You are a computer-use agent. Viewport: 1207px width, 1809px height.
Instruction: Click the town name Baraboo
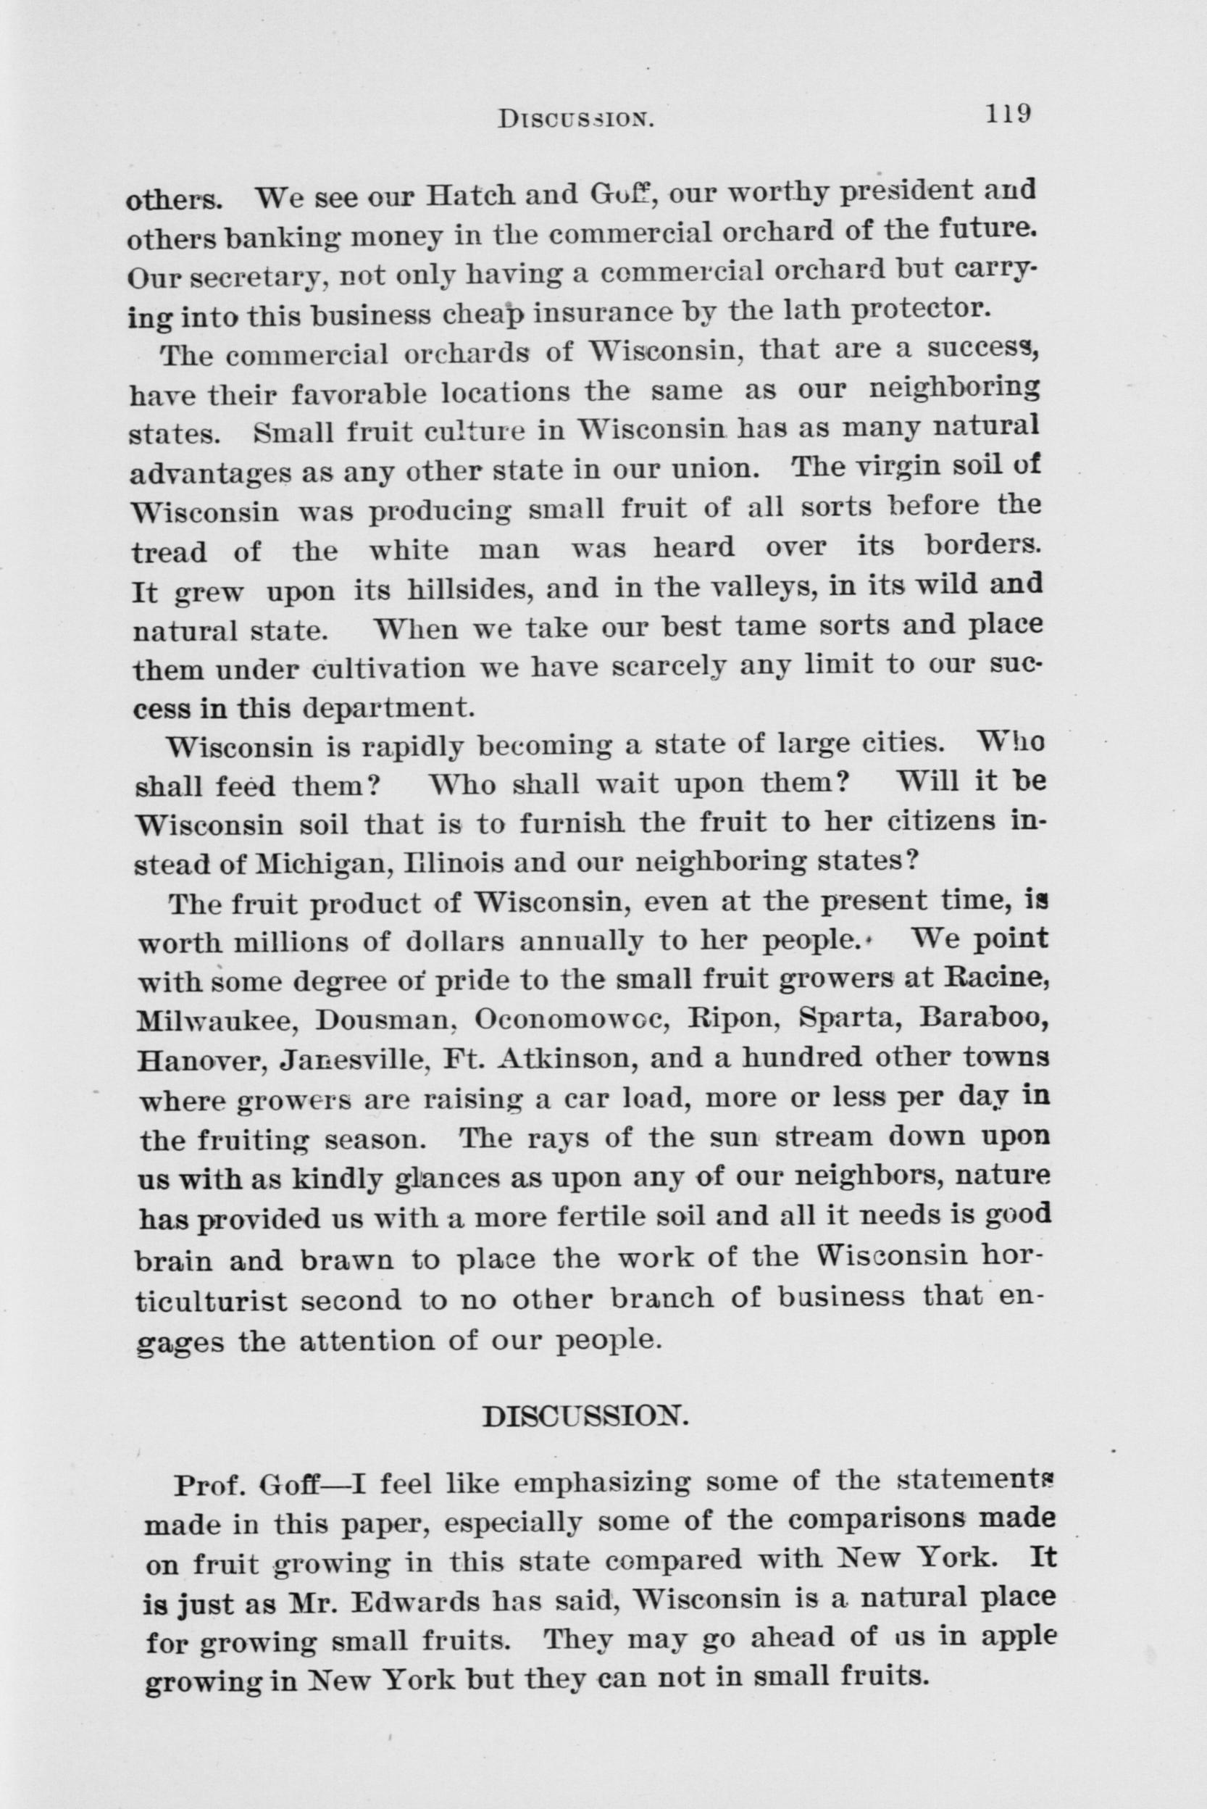[x=987, y=1019]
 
